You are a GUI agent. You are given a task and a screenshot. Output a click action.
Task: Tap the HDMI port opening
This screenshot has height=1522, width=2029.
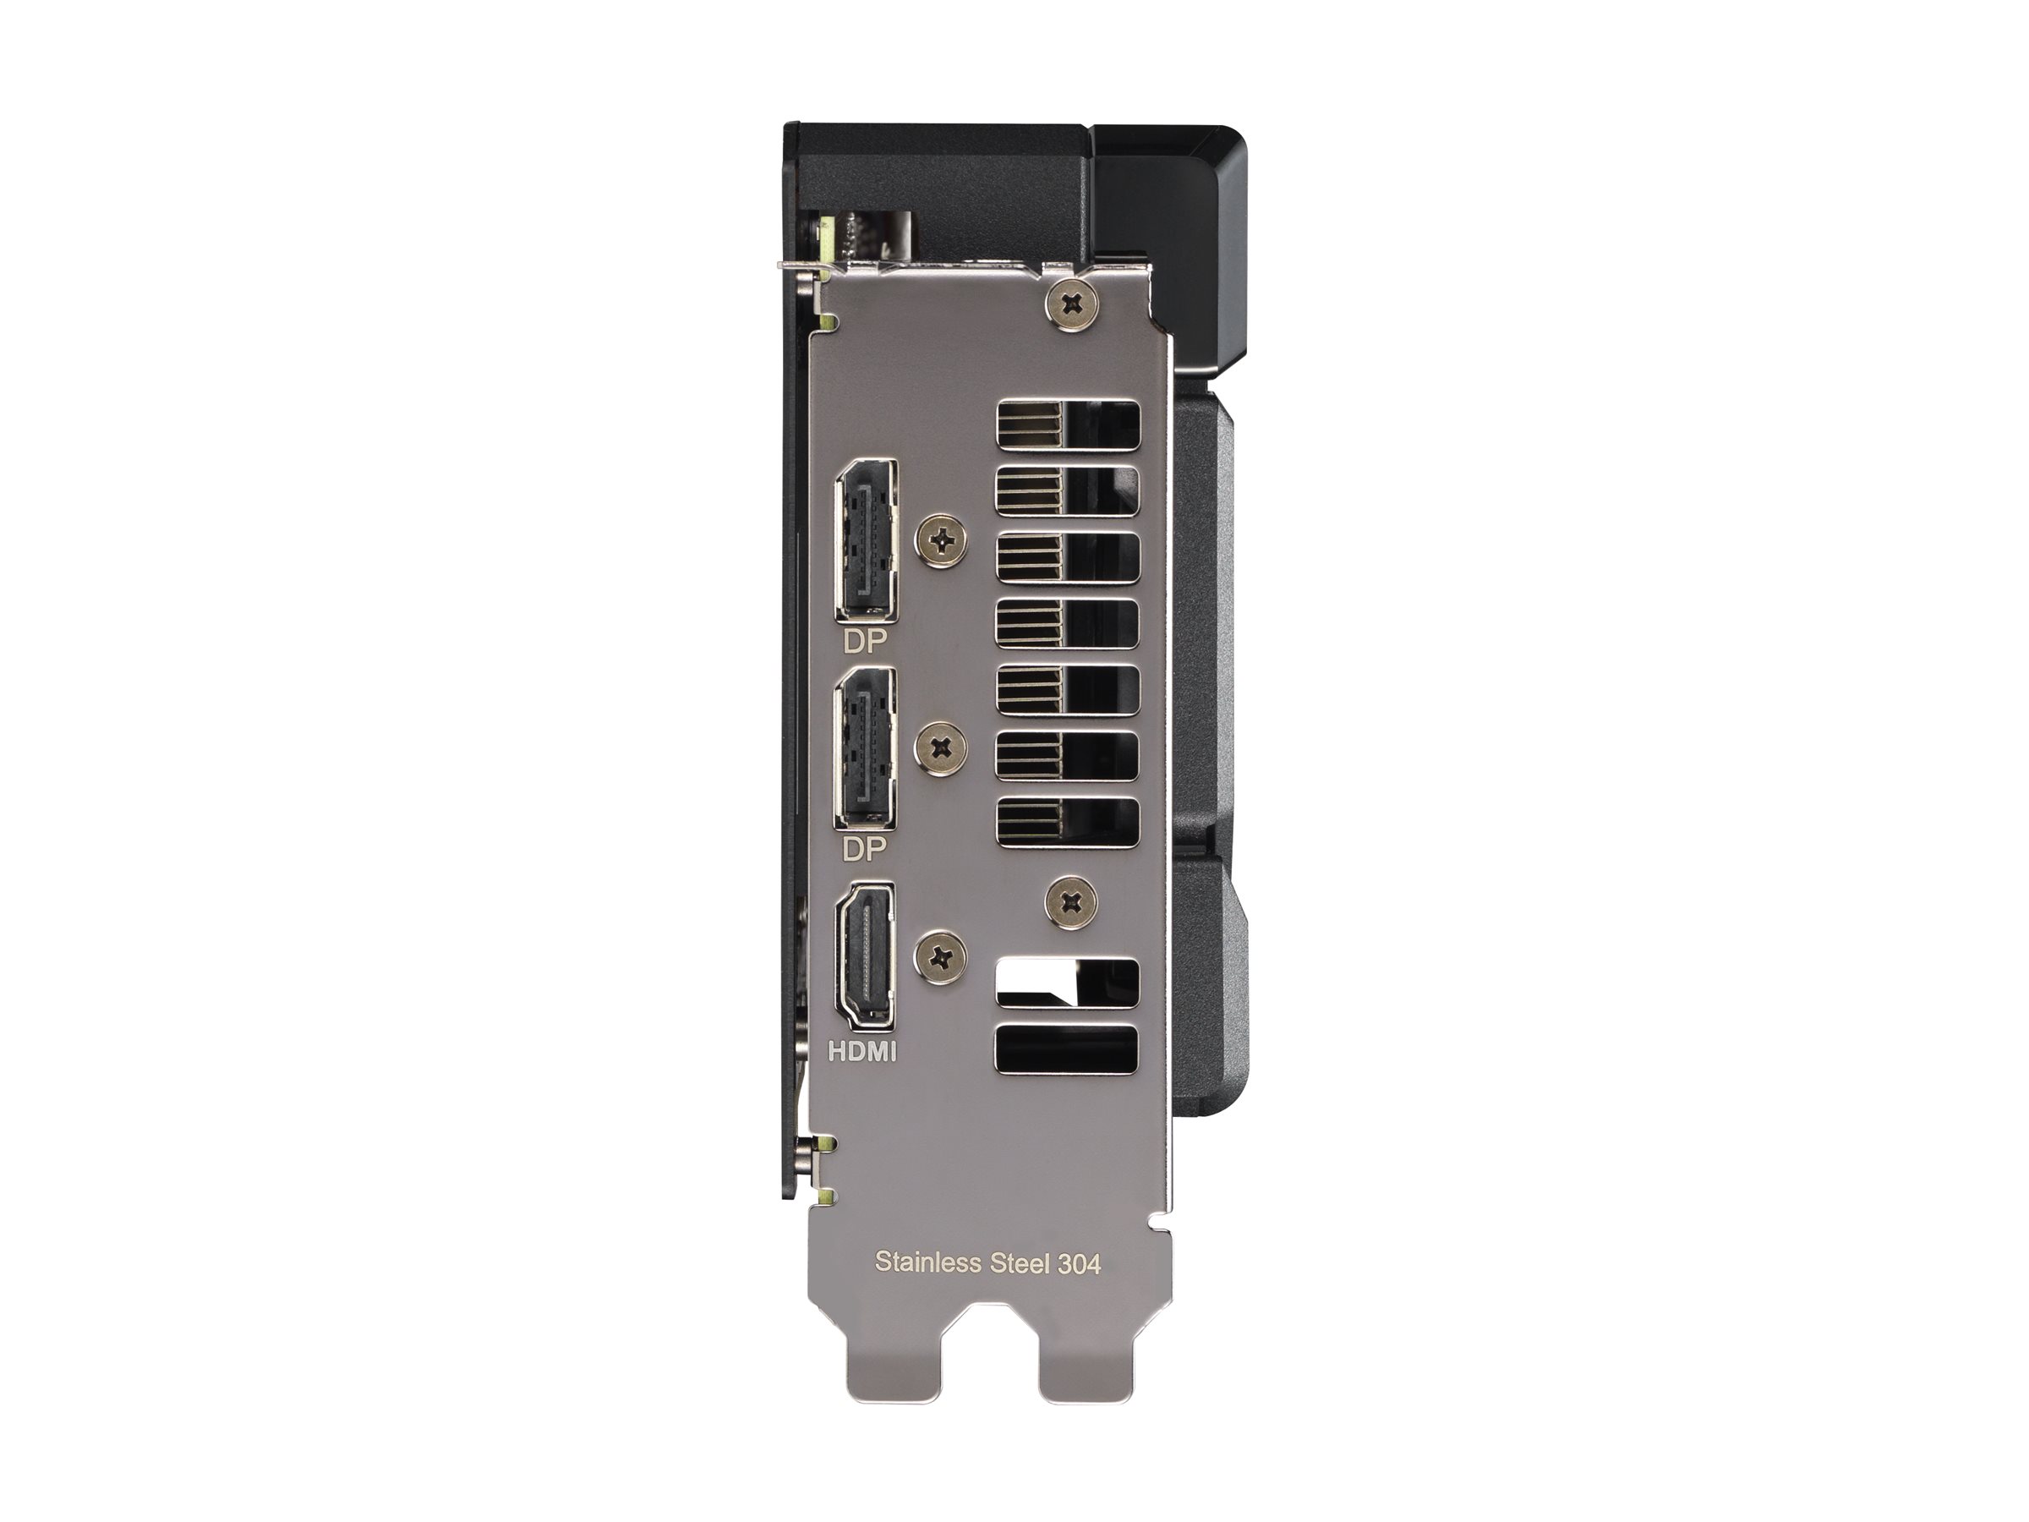(x=863, y=954)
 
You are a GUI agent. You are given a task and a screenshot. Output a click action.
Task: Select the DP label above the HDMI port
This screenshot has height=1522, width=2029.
(x=865, y=851)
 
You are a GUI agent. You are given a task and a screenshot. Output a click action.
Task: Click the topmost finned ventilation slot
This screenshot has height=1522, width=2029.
(x=1066, y=429)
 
